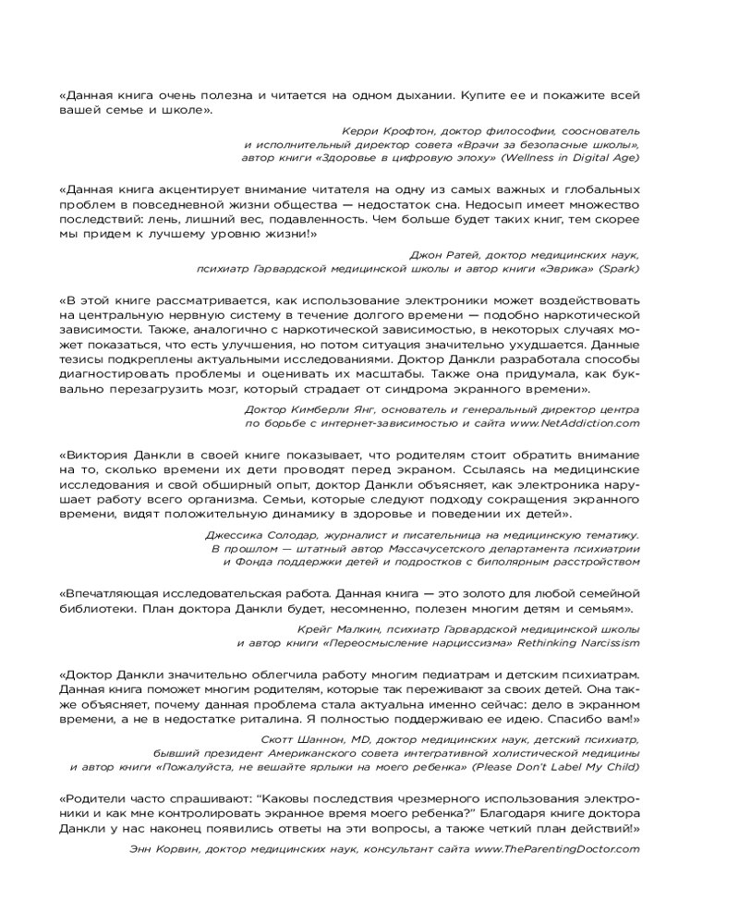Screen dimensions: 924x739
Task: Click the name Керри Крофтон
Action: point(380,132)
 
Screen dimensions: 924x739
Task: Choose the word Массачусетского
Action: point(417,548)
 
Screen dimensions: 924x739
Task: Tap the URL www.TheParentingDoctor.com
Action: point(557,847)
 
